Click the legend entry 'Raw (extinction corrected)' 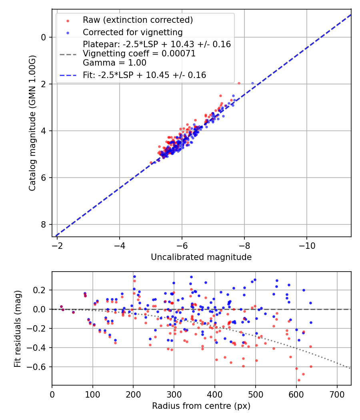tap(138, 20)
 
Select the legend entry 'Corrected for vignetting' tap(132, 32)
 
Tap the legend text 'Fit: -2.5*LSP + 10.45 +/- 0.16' tap(144, 75)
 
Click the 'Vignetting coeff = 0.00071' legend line tap(139, 54)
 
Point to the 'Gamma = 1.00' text tap(114, 63)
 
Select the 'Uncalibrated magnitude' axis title tap(201, 257)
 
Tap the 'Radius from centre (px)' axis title tap(201, 406)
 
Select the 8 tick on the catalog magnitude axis tap(44, 225)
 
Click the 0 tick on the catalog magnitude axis tap(44, 37)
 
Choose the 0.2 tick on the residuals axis tap(41, 290)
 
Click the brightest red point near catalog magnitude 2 tap(239, 83)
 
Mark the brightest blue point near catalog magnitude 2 tap(252, 83)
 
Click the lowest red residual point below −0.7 tap(298, 380)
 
